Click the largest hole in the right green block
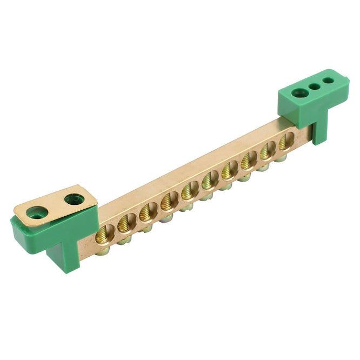click(x=297, y=93)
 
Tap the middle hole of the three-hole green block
click(x=313, y=86)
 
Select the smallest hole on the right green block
click(x=328, y=81)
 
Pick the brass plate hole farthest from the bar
click(x=37, y=212)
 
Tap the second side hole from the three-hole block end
click(x=267, y=150)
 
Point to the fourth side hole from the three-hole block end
click(x=229, y=169)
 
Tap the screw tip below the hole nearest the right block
click(x=281, y=157)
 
